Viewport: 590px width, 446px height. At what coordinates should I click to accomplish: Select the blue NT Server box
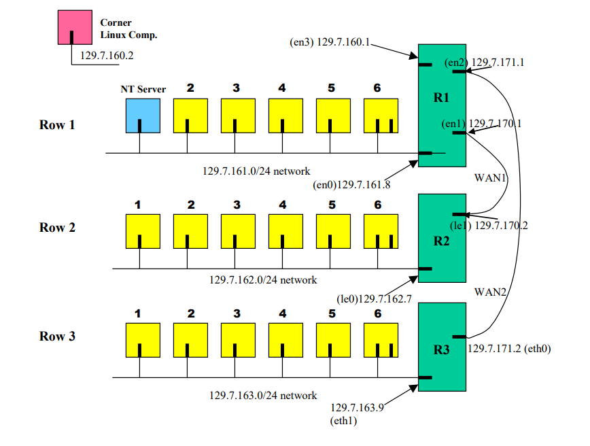143,116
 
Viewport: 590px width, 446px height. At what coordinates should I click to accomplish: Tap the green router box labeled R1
442,105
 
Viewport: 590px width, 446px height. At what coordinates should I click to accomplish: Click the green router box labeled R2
442,238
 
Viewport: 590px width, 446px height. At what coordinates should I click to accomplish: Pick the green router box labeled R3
442,347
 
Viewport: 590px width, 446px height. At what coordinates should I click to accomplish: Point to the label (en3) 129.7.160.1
330,43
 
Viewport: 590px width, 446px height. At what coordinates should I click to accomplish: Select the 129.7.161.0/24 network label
256,171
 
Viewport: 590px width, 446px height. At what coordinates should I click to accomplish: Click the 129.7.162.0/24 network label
263,279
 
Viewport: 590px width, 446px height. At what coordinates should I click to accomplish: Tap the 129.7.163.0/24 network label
263,395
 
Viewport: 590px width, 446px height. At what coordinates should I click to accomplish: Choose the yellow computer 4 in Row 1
285,116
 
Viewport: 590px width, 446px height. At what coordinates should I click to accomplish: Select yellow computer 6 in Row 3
381,340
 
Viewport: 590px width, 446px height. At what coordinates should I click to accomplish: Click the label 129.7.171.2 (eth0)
509,349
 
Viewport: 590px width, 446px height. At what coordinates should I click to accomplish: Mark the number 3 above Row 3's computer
236,313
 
